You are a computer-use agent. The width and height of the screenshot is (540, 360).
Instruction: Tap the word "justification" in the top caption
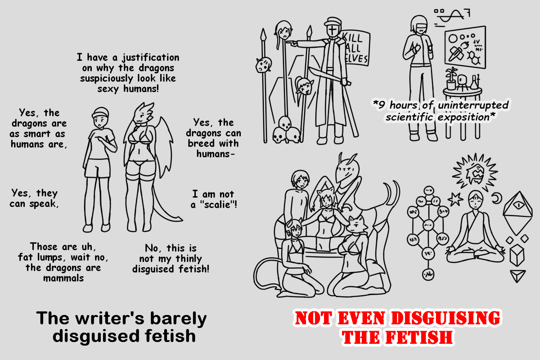tap(151, 58)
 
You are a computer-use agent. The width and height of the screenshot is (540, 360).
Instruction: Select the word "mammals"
tap(63, 278)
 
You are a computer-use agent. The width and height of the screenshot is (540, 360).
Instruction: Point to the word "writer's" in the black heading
tap(110, 318)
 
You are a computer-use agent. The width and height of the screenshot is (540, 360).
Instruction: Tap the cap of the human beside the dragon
tap(100, 112)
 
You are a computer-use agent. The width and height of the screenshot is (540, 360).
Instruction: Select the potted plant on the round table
tap(451, 78)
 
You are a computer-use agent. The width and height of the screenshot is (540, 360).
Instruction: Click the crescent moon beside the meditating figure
tap(497, 198)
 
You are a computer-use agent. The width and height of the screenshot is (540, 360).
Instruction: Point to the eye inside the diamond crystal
tap(518, 205)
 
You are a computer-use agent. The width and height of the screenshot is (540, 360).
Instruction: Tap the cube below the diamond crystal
tap(517, 255)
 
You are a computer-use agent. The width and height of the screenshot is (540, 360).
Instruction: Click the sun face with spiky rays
tap(474, 172)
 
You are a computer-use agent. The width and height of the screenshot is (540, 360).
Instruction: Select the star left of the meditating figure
tap(455, 199)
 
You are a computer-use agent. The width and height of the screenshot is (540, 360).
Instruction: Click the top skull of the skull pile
tap(285, 123)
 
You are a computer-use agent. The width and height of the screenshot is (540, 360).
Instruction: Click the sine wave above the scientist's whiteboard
tap(450, 16)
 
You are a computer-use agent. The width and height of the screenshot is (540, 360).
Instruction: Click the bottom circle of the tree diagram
tap(428, 274)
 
